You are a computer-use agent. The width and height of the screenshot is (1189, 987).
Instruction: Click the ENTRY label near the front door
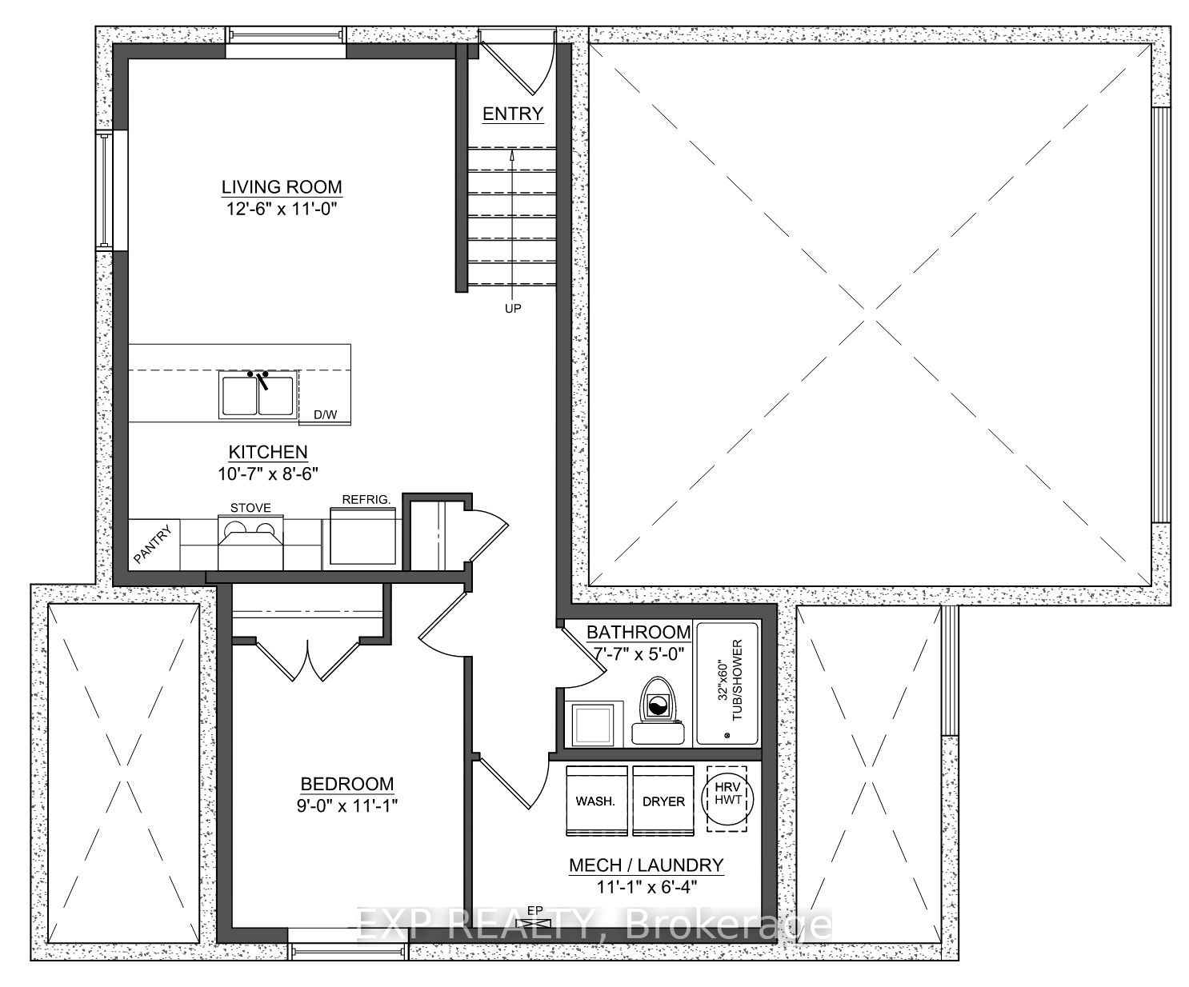tap(513, 114)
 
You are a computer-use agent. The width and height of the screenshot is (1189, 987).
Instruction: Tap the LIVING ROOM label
tap(282, 187)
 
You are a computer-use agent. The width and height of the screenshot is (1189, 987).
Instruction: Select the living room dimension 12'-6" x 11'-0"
tap(282, 210)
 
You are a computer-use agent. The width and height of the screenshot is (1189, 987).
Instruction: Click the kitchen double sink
tap(258, 395)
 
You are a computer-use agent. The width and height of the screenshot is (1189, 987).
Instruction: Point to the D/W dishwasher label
tap(325, 414)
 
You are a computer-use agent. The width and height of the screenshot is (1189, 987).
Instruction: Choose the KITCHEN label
tap(268, 453)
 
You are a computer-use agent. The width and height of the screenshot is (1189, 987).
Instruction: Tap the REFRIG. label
tap(366, 499)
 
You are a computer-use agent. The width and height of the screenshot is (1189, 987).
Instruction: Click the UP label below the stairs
tap(513, 308)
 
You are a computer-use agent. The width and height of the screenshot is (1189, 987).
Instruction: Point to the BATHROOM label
tap(639, 632)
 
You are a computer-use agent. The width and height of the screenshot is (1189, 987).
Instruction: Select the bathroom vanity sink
tap(595, 723)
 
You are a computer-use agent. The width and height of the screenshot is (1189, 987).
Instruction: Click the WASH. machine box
tap(595, 801)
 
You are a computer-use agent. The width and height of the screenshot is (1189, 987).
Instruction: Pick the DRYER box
tap(663, 801)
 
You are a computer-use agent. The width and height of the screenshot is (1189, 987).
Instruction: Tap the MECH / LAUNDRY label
tap(646, 865)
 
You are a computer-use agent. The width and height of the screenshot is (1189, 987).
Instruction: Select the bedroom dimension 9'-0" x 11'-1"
tap(346, 805)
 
